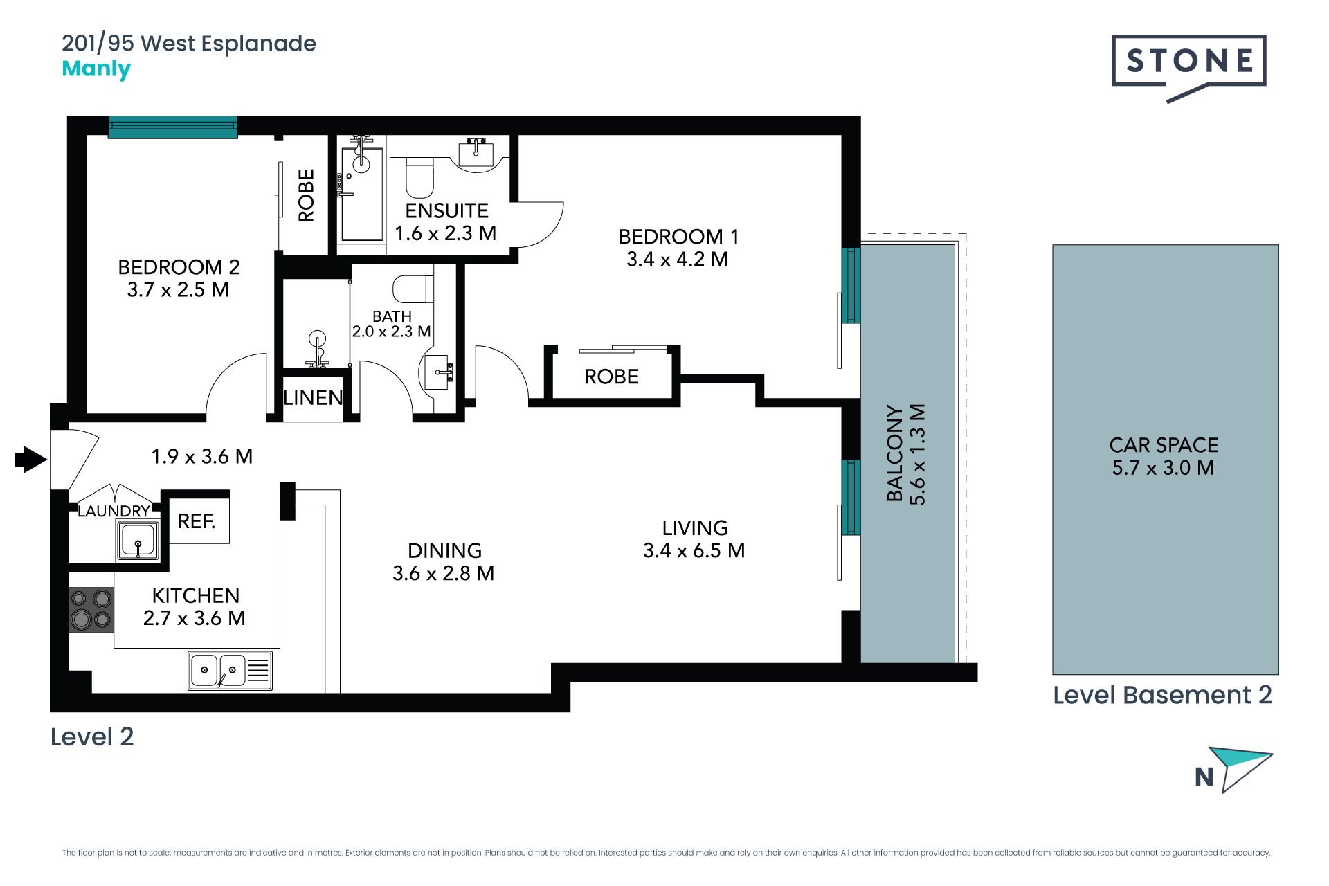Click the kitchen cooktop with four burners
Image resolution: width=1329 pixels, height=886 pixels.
91,609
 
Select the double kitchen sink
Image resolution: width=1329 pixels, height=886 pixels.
230,670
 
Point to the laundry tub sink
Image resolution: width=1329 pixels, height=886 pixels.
138,540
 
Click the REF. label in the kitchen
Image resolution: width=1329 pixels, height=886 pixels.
197,521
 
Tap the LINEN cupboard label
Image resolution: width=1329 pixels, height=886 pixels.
313,397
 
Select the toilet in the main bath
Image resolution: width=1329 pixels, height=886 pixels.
413,289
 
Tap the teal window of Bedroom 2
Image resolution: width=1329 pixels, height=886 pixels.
172,127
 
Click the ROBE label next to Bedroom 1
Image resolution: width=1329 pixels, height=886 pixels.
611,377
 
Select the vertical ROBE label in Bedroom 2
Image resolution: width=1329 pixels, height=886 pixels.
306,195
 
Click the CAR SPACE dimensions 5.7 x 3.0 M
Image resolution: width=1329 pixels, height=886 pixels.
1163,468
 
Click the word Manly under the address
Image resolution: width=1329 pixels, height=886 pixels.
96,69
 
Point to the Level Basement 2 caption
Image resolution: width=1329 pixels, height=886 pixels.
1162,695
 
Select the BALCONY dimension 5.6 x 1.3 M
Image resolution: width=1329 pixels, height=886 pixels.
916,455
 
